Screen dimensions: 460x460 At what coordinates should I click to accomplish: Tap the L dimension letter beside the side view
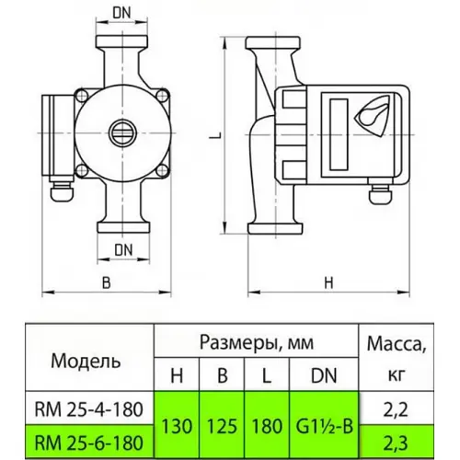point(213,136)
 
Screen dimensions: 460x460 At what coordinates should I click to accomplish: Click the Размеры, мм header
point(254,342)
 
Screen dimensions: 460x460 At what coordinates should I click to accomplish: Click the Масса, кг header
point(397,358)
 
